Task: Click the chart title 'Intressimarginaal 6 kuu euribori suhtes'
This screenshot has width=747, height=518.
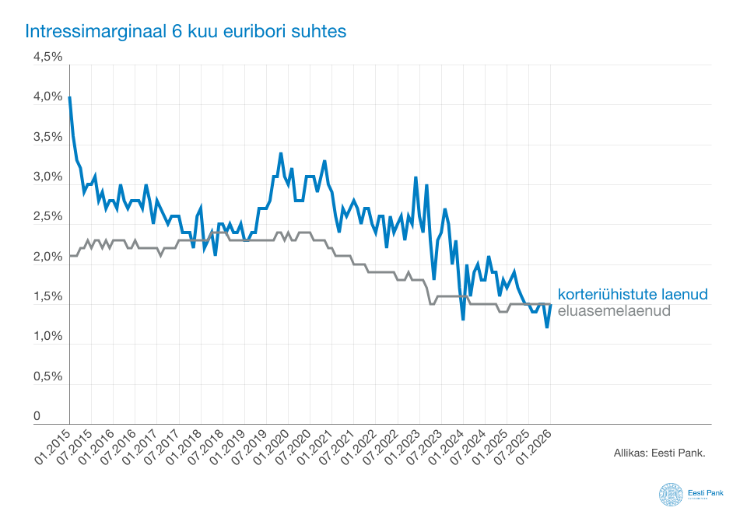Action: coord(185,32)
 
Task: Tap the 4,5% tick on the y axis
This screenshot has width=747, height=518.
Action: coord(47,58)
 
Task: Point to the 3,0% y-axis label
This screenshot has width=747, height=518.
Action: coord(47,177)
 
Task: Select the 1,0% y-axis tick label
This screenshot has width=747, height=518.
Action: coord(47,337)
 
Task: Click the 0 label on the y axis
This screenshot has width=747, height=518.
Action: coord(37,417)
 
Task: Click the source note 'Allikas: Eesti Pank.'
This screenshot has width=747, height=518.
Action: coord(659,451)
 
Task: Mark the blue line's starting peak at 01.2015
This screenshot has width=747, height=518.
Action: coord(69,97)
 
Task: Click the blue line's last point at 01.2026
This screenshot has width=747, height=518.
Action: coord(551,305)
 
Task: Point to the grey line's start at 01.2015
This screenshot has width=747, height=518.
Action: coord(69,256)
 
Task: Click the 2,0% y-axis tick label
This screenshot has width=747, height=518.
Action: coord(47,257)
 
